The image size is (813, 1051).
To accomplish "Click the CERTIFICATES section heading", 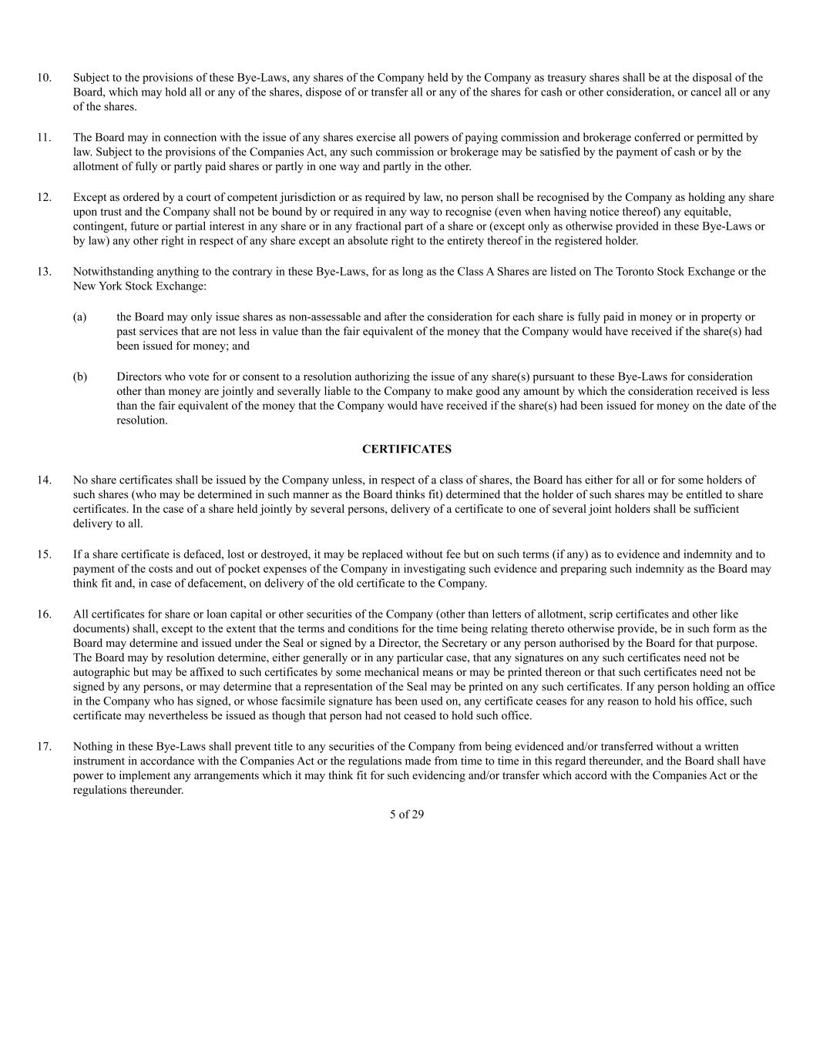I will click(x=406, y=449).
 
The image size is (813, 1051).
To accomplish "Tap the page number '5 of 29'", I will click(x=406, y=814).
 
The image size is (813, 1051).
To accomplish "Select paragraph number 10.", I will click(x=44, y=78).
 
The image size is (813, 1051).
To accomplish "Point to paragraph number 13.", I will click(x=44, y=272).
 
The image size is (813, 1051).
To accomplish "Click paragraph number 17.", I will click(x=44, y=746).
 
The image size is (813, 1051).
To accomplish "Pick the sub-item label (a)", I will click(x=79, y=317).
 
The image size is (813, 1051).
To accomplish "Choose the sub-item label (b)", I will click(x=79, y=377).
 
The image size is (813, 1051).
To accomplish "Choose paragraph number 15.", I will click(x=44, y=554).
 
